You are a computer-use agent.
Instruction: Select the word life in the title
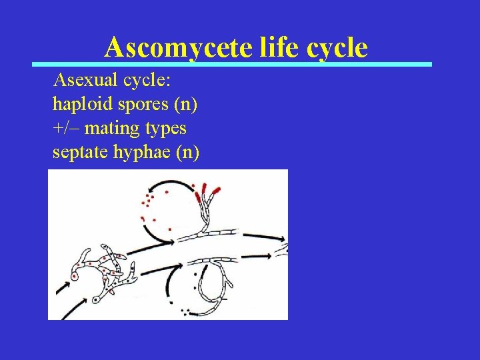click(x=271, y=48)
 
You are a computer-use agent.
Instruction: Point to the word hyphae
click(x=139, y=153)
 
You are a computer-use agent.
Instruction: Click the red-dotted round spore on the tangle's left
click(x=75, y=277)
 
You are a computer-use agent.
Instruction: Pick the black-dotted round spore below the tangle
click(x=97, y=300)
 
